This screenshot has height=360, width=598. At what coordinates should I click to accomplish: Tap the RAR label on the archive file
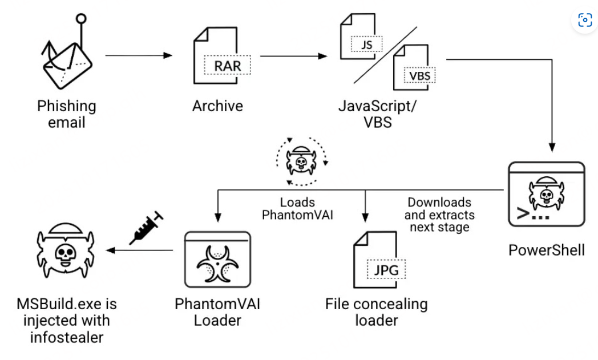click(227, 65)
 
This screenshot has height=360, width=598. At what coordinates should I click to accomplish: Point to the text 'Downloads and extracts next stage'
click(439, 215)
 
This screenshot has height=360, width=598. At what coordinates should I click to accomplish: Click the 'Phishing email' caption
click(67, 114)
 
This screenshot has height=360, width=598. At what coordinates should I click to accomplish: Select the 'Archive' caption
click(217, 106)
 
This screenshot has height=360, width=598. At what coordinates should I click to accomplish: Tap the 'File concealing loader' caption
click(376, 312)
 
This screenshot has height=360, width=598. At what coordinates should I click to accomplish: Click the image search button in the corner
click(585, 21)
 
